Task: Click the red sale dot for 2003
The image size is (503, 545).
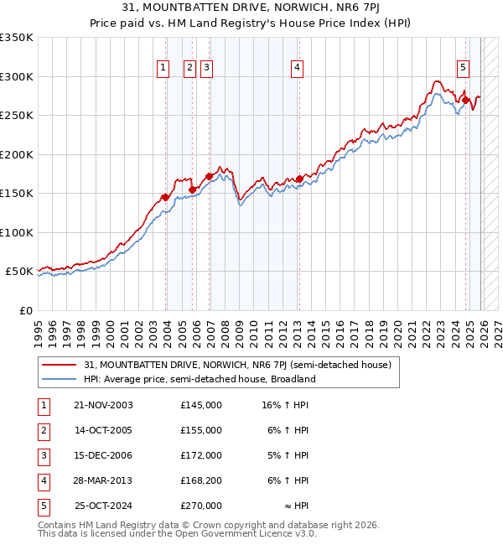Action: coord(165,198)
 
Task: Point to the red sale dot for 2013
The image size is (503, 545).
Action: coord(299,179)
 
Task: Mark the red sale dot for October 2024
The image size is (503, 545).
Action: coord(465,101)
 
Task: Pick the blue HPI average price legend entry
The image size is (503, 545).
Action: coord(199,379)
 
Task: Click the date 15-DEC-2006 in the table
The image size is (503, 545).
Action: coord(104,455)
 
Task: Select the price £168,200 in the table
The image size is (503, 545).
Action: coord(201,480)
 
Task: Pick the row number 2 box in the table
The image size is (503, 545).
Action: coord(43,430)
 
